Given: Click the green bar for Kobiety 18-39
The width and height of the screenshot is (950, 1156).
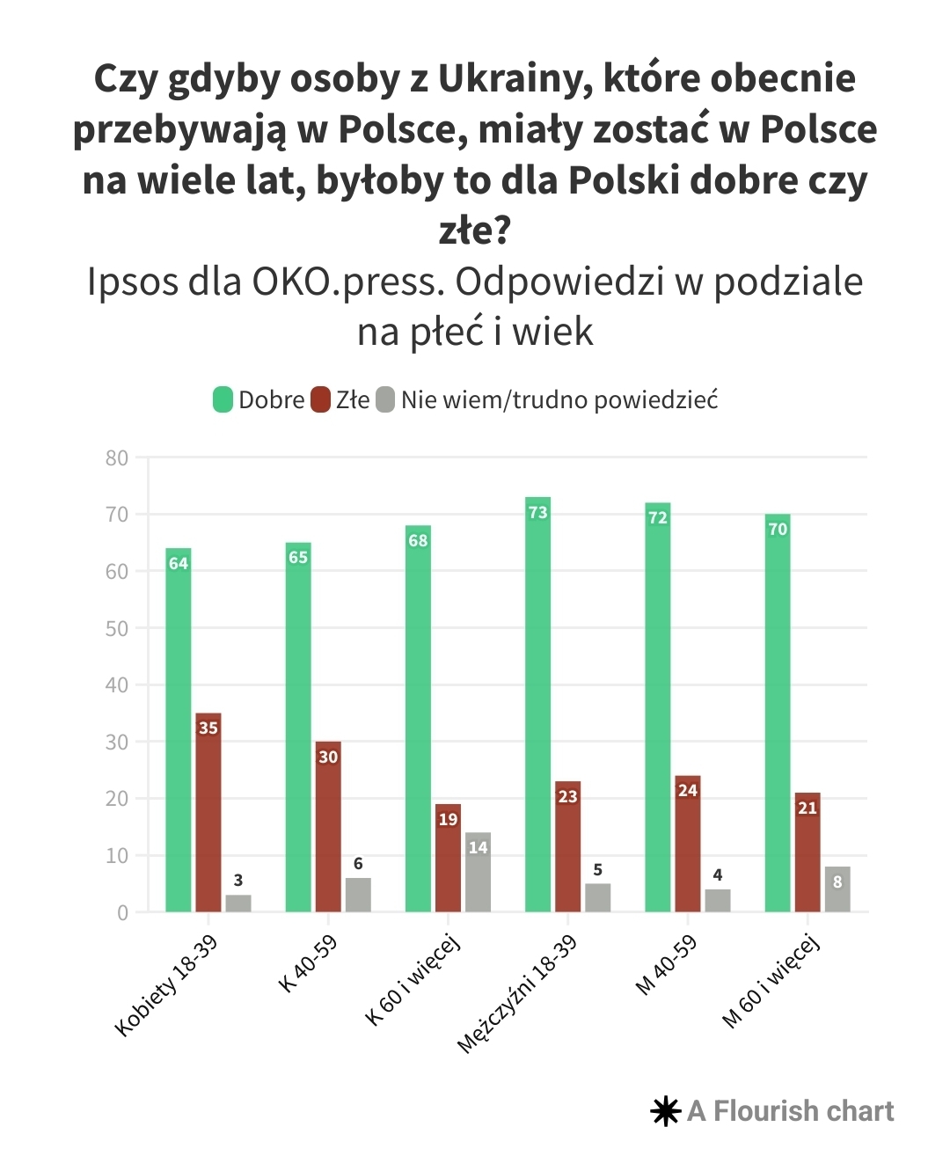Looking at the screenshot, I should (179, 730).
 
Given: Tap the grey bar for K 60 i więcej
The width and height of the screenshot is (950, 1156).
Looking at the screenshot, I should (479, 872).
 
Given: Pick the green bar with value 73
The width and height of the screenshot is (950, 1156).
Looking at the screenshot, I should (537, 704).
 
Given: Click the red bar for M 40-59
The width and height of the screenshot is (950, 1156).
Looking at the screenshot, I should (688, 844).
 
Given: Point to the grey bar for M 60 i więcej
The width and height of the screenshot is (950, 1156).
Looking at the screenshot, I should (837, 889).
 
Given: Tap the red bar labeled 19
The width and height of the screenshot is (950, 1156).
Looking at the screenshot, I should (448, 858).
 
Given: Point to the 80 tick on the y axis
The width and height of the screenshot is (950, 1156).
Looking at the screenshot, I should (116, 457).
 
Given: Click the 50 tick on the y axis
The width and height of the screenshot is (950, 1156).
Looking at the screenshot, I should (116, 628).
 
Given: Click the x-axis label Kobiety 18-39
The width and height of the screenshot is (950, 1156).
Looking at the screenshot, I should (166, 985).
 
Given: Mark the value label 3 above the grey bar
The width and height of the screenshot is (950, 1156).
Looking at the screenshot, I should (238, 880).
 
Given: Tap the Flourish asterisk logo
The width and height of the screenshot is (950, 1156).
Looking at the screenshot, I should (666, 1111).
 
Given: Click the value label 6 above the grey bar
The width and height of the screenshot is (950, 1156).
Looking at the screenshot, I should (358, 863).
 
